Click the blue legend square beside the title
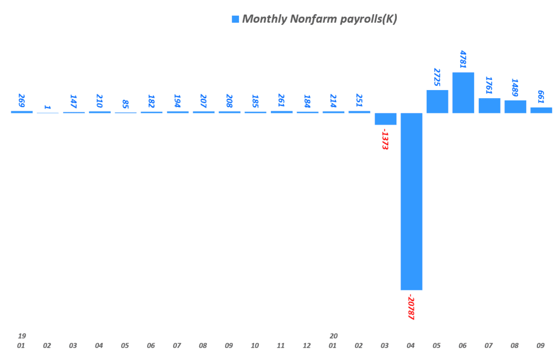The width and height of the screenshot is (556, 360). [235, 20]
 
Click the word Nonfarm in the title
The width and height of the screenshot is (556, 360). [308, 20]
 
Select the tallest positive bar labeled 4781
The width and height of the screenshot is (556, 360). [463, 92]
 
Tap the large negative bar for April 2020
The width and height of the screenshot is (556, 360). [411, 201]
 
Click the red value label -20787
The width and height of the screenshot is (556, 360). [411, 308]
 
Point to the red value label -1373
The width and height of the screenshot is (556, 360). [385, 140]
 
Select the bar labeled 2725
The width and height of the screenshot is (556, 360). [437, 102]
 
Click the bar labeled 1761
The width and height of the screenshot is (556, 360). [489, 105]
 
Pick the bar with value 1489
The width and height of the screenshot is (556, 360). [515, 106]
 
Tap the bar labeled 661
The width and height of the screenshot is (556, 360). [541, 110]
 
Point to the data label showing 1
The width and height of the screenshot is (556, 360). [48, 107]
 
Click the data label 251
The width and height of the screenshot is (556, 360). [359, 101]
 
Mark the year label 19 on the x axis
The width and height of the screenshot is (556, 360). [22, 336]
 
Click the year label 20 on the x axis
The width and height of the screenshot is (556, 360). [333, 336]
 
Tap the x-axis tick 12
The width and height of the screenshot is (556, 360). [307, 345]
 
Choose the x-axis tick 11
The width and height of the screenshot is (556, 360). [281, 345]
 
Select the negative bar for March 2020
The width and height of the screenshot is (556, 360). [386, 119]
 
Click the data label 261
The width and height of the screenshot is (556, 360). [281, 101]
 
